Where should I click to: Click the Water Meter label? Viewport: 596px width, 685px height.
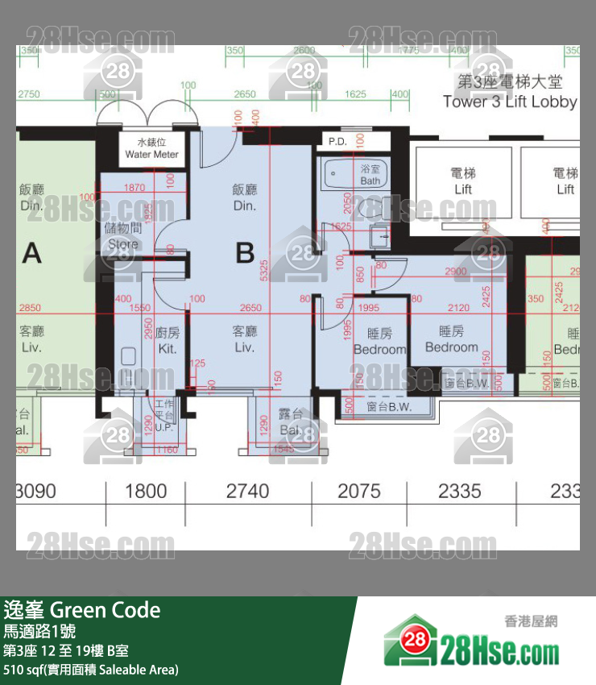pyautogui.click(x=151, y=149)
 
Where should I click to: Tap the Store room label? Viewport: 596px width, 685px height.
pyautogui.click(x=123, y=235)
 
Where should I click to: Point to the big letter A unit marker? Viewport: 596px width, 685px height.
pyautogui.click(x=31, y=253)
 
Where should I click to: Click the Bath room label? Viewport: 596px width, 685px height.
pyautogui.click(x=370, y=175)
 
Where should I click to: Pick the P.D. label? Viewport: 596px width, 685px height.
pyautogui.click(x=337, y=142)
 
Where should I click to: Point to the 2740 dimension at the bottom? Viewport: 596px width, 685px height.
pyautogui.click(x=248, y=491)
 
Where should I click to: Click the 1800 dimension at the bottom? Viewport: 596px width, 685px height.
pyautogui.click(x=146, y=491)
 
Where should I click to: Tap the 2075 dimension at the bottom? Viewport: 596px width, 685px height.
pyautogui.click(x=358, y=491)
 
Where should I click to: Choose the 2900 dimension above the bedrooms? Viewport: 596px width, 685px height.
pyautogui.click(x=455, y=272)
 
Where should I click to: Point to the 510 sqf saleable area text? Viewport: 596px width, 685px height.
pyautogui.click(x=90, y=670)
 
